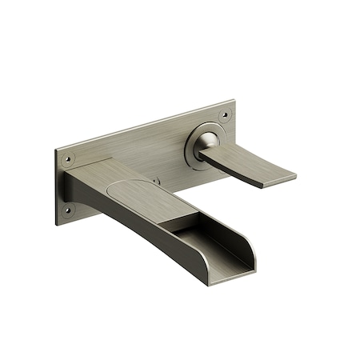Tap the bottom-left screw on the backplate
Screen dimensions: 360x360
coord(67,211)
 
